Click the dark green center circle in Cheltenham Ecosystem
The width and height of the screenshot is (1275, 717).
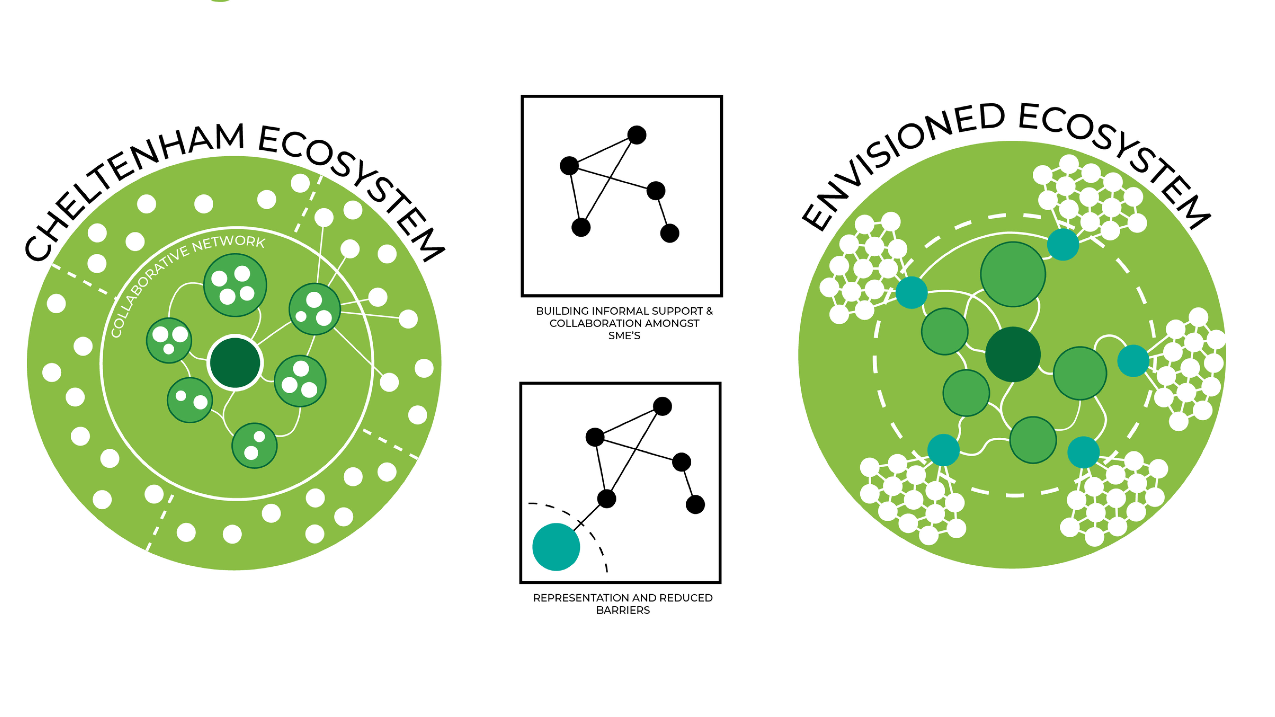[235, 363]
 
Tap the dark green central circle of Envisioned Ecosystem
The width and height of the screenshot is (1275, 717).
[1013, 354]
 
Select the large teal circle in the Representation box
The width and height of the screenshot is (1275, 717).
[556, 547]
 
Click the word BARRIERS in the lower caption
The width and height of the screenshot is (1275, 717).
[623, 610]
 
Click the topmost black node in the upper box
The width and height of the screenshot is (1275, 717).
[636, 135]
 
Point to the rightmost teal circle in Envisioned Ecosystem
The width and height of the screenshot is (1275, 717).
[1133, 361]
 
